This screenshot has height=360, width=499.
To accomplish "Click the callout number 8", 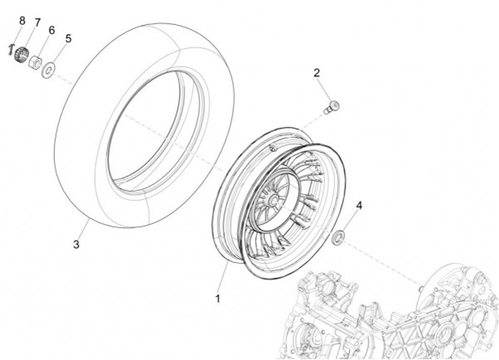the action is click(x=21, y=21).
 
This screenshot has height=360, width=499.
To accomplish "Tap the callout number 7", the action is click(x=37, y=23).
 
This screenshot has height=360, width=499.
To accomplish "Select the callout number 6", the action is click(x=51, y=31).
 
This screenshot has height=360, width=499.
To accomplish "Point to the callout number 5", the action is click(x=68, y=38).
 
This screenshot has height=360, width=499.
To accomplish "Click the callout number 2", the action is click(x=317, y=73).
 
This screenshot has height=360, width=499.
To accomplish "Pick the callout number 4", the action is click(x=359, y=206).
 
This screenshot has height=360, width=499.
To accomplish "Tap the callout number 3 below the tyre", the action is click(x=77, y=244).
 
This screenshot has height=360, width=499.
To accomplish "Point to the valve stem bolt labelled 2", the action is click(x=332, y=108).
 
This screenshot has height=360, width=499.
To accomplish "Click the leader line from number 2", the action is click(x=324, y=89).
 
